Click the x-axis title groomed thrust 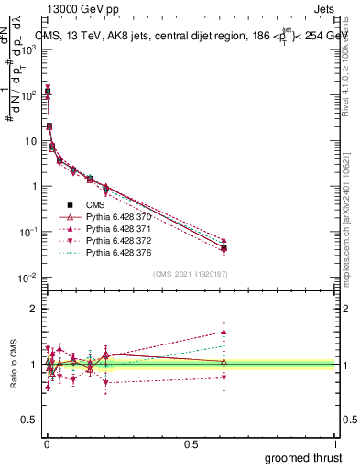coord(303,457)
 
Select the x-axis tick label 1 coord(336,442)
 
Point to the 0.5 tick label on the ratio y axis coord(29,420)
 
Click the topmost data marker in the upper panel coord(47,90)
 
